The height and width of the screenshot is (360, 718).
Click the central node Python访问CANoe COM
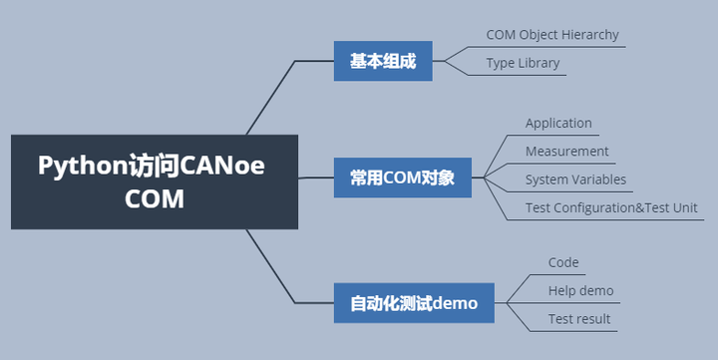154,181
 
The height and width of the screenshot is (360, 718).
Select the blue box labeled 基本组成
383,61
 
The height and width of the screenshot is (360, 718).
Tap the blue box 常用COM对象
402,178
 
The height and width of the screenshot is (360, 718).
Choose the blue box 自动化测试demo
413,302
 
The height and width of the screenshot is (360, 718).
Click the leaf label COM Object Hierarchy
552,35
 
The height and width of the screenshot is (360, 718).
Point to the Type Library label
523,63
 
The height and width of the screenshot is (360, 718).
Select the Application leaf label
558,124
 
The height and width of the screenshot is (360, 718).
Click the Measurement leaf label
566,152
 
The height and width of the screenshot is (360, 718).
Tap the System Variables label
575,180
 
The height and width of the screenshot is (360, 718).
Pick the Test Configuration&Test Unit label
611,208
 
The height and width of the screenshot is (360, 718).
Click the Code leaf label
563,262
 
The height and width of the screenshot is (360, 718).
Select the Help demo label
580,291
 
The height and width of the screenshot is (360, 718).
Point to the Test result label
579,319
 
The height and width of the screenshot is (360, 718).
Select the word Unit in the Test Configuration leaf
683,208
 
